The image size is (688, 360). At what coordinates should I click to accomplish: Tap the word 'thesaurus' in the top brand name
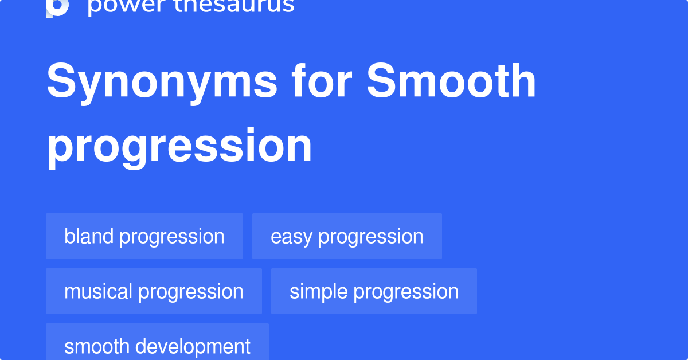click(229, 6)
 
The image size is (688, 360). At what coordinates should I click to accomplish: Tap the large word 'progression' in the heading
click(179, 146)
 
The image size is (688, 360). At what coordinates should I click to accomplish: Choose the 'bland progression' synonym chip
click(144, 236)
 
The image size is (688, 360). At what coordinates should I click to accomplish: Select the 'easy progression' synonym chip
click(347, 236)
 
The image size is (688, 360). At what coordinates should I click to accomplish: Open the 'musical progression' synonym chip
click(154, 291)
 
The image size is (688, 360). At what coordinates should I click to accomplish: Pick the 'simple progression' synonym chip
click(374, 291)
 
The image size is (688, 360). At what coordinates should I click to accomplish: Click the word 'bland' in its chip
click(89, 236)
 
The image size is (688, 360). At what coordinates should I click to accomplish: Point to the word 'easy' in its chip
click(291, 237)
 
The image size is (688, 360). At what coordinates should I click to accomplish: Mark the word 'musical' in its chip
click(98, 291)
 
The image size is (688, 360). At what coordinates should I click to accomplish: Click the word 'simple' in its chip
click(319, 291)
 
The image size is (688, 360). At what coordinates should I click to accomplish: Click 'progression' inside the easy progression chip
click(371, 237)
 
